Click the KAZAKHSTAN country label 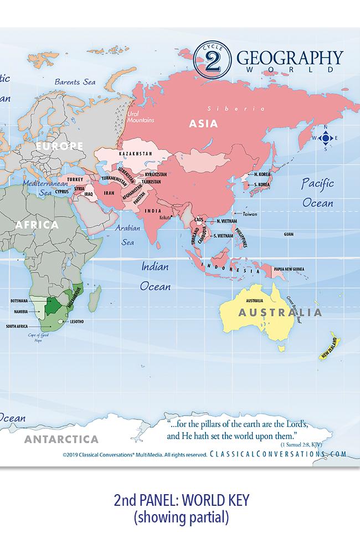[x=136, y=153]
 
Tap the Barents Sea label [x=75, y=82]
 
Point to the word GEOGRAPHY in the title [x=290, y=58]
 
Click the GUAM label [x=288, y=234]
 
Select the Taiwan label [x=250, y=214]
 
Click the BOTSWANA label [x=19, y=300]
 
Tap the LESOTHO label [x=77, y=321]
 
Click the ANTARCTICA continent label [x=61, y=439]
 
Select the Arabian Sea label [x=127, y=235]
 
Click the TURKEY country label [x=75, y=180]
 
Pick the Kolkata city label [x=166, y=218]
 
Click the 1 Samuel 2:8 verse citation [x=301, y=444]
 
